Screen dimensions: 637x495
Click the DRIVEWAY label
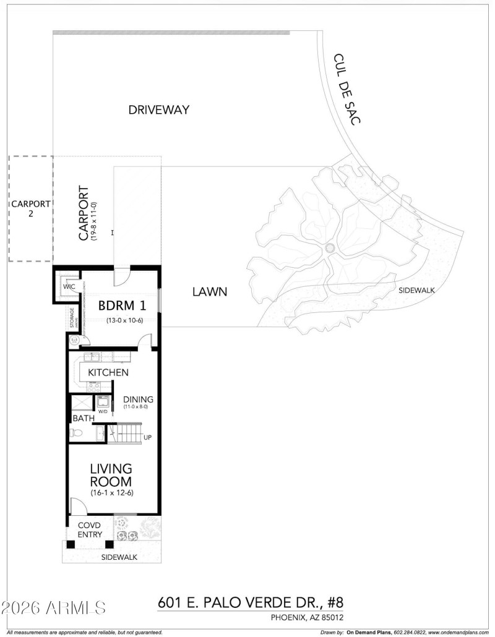pos(158,110)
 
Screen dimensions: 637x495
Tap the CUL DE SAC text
pos(346,89)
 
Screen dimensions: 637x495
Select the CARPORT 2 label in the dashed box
pos(30,208)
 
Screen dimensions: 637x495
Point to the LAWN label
pos(209,291)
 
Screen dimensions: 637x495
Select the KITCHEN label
pos(108,372)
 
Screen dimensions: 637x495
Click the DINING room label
pos(137,399)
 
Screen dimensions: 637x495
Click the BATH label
pos(84,418)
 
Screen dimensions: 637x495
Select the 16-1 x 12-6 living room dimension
pos(111,492)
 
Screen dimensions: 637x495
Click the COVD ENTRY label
pos(88,530)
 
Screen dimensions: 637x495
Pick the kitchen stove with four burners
pos(93,386)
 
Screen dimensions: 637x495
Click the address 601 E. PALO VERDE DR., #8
pos(250,602)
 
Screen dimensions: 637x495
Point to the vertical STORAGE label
pos(72,319)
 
